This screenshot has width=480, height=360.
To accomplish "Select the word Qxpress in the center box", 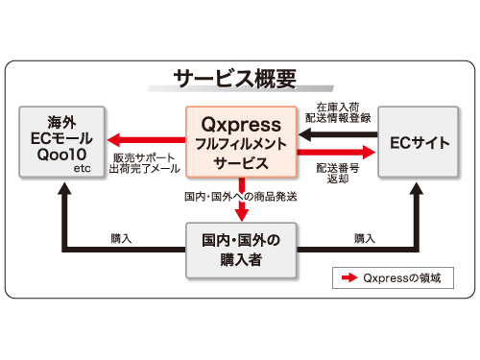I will [241, 124].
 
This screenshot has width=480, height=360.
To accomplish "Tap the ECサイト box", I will [419, 142].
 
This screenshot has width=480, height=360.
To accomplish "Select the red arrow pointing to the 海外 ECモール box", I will [144, 137].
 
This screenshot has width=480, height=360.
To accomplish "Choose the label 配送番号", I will [337, 167].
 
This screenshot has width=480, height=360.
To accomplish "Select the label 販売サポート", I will [145, 156].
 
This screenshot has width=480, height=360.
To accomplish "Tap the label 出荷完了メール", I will [145, 169].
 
